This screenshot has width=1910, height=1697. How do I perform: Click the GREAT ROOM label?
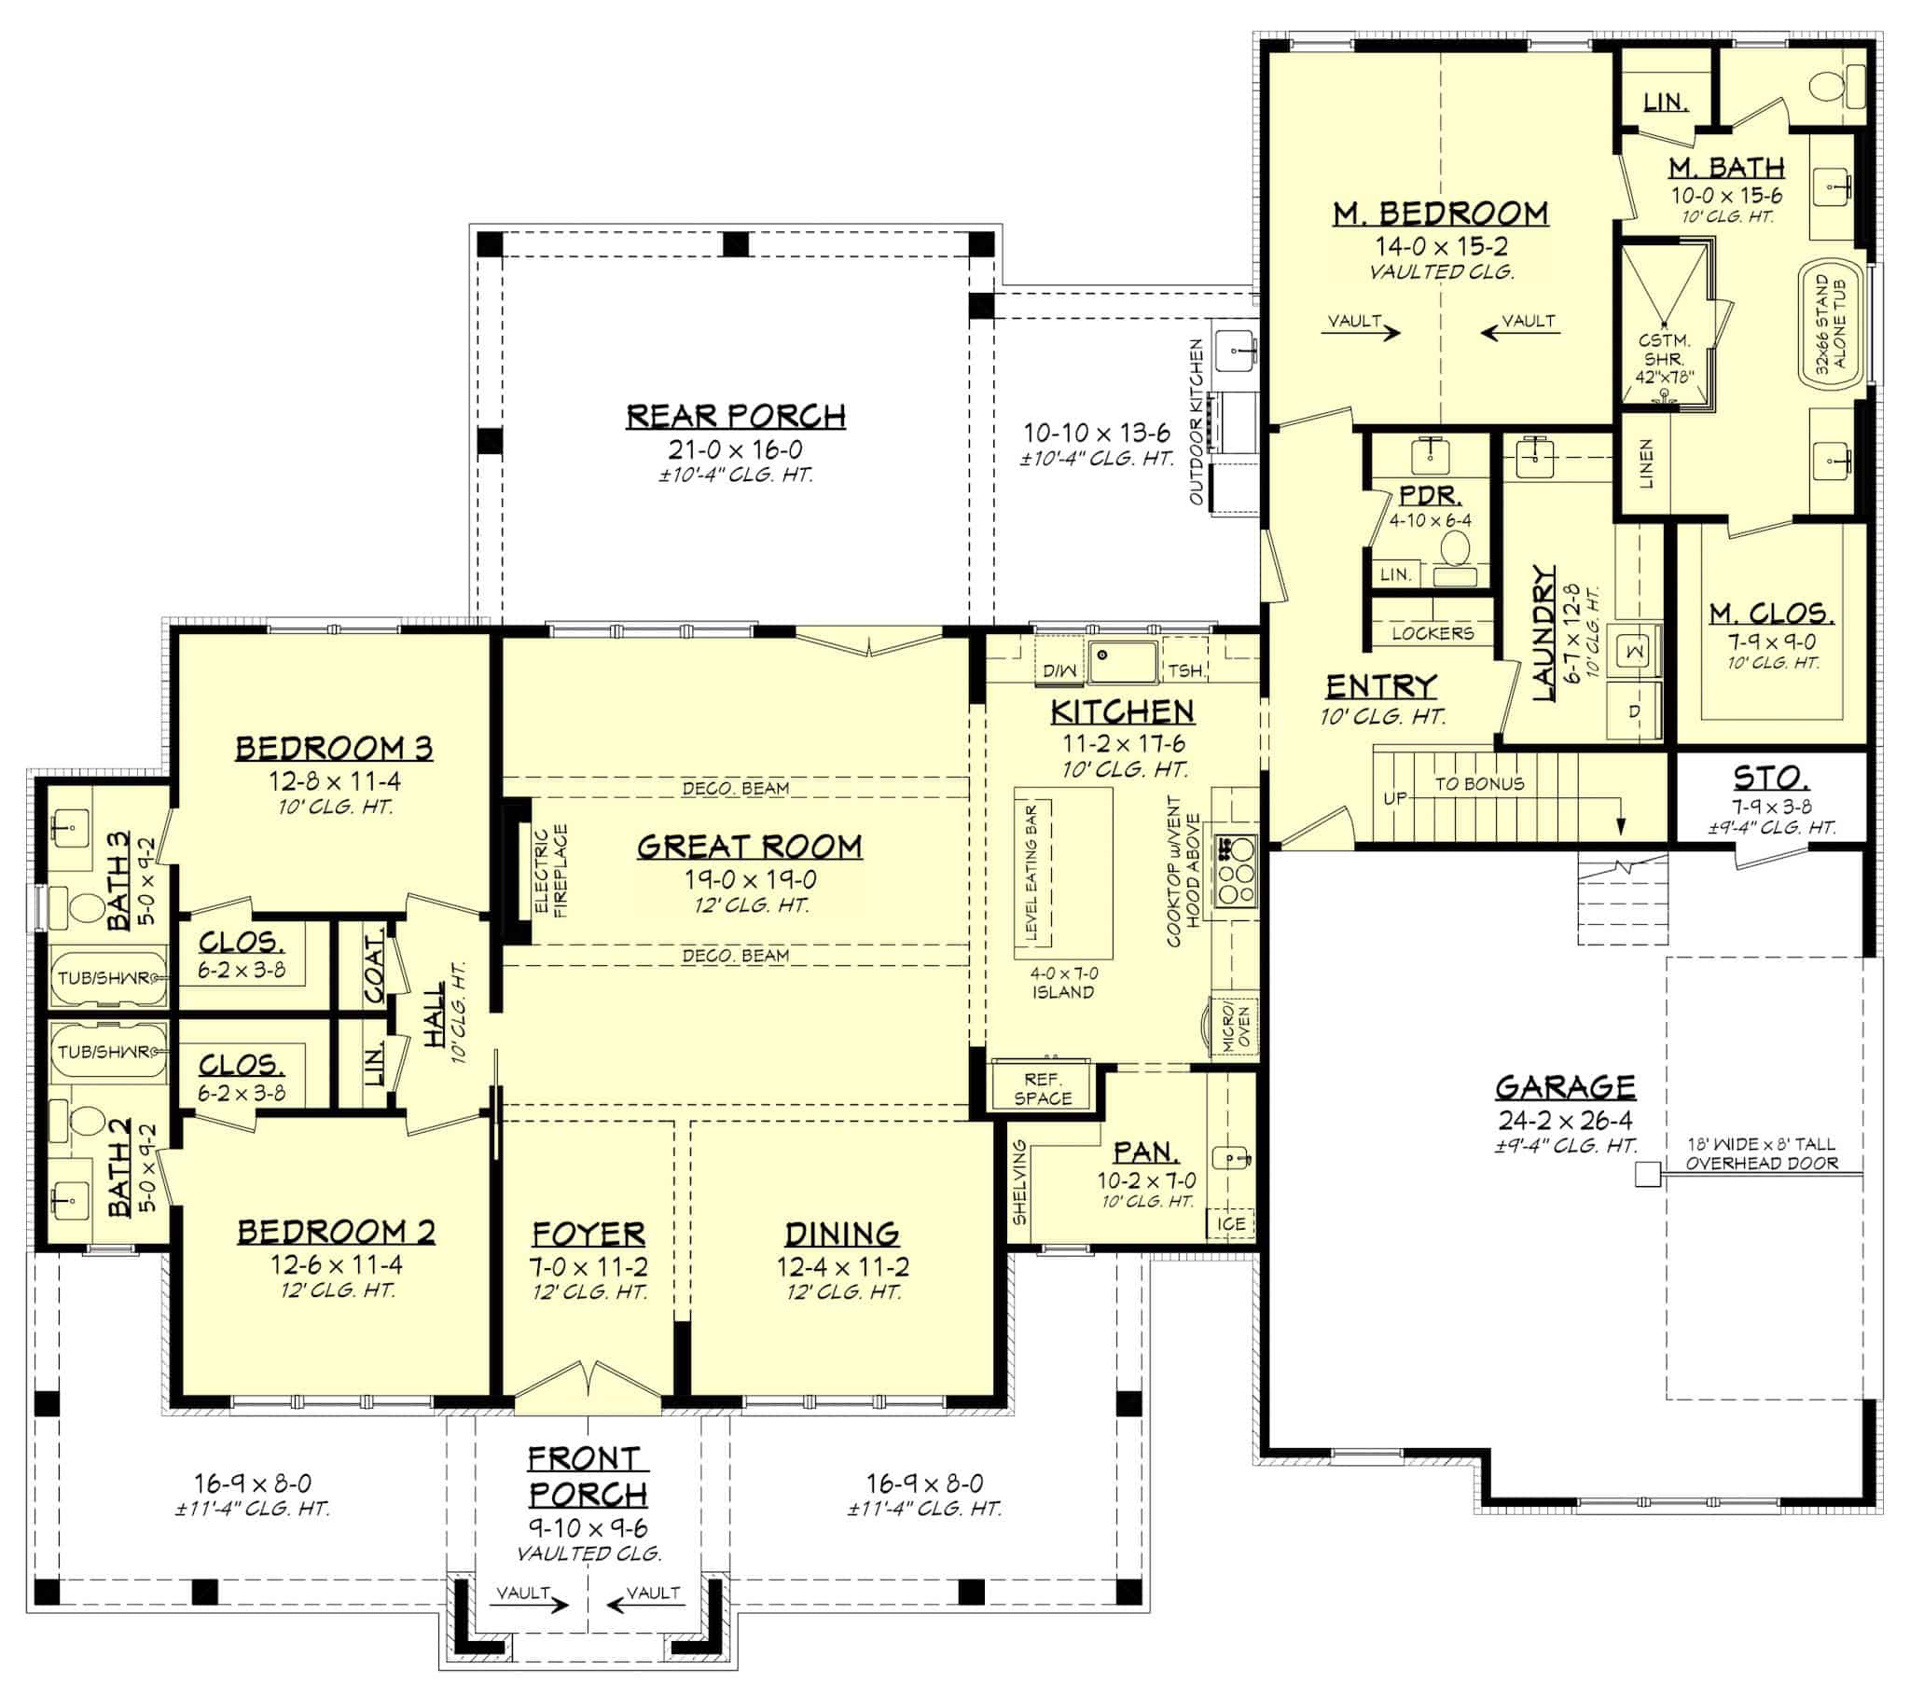(x=750, y=847)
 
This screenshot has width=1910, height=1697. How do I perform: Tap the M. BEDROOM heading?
(x=1440, y=214)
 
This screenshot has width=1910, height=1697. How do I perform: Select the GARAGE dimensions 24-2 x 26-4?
(x=1565, y=1120)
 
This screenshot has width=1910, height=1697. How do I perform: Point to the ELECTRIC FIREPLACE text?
(x=550, y=870)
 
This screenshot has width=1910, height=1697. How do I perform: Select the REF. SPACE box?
(x=1042, y=1089)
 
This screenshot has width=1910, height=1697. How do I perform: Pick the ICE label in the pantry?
(x=1230, y=1223)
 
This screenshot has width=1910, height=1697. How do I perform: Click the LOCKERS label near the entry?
(x=1432, y=632)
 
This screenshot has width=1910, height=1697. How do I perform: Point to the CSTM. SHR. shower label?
(x=1664, y=359)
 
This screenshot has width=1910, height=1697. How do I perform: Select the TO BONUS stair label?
(x=1479, y=784)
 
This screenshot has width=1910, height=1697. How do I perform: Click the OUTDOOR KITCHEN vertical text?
(x=1197, y=421)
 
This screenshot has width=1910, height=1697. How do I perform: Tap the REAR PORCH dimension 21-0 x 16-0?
(x=735, y=449)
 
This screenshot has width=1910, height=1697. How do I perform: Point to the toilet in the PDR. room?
(x=1454, y=548)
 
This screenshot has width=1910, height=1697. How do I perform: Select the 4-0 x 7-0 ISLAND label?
(x=1063, y=982)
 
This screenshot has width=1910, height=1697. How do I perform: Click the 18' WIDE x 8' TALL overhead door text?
(x=1761, y=1153)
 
